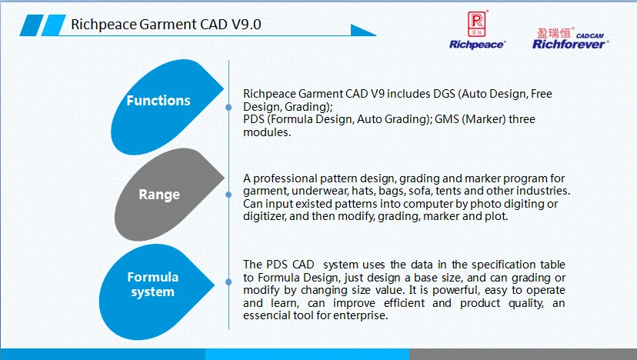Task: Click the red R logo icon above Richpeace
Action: (x=476, y=24)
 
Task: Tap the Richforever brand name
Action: (x=569, y=45)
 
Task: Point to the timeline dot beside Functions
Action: (x=228, y=107)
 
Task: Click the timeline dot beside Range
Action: (x=228, y=195)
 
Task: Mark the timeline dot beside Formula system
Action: (x=228, y=282)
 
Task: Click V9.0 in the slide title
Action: (x=246, y=25)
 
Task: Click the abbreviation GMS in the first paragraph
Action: (x=447, y=119)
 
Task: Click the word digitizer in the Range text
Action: (x=265, y=216)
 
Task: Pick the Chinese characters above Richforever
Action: (x=554, y=33)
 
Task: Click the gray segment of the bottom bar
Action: (x=523, y=354)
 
